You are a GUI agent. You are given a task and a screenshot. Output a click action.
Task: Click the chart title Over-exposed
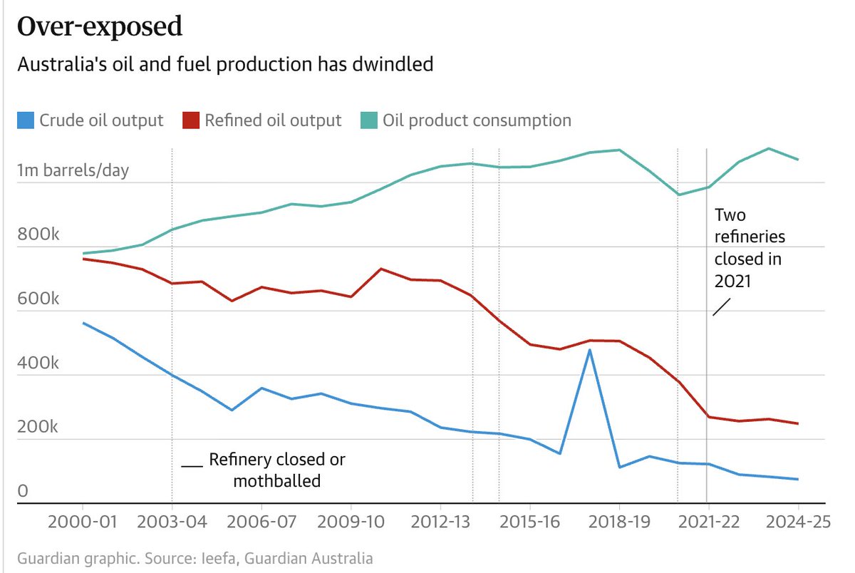[x=100, y=27]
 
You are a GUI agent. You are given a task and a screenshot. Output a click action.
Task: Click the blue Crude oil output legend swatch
[x=26, y=120]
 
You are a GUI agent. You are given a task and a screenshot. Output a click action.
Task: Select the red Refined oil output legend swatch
[x=190, y=120]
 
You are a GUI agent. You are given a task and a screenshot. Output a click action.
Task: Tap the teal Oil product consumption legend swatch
[x=368, y=120]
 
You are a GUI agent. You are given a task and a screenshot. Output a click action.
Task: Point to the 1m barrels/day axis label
[x=73, y=171]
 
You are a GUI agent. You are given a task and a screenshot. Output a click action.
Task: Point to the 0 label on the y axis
[x=23, y=492]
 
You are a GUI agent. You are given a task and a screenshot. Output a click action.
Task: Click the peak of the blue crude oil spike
[x=590, y=350]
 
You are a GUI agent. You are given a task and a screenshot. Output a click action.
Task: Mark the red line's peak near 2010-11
[x=381, y=269]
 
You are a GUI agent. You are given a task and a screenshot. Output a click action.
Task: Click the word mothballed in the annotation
[x=277, y=481]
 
